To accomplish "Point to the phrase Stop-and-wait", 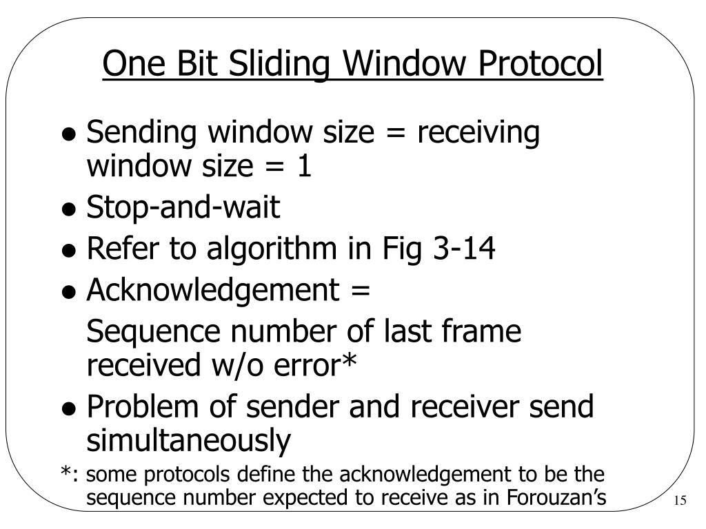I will point(183,208).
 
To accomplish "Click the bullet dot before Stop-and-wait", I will point(69,211).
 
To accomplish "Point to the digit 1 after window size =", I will point(305,167).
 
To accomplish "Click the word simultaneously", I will point(188,441).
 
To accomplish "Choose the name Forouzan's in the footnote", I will point(556,495).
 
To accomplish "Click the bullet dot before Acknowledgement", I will point(69,293).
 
